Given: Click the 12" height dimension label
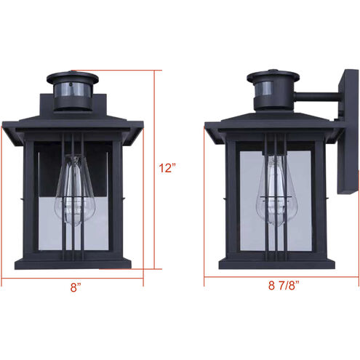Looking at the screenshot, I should [x=168, y=168].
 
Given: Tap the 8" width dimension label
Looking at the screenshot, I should [x=76, y=287].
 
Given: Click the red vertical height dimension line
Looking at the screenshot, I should [x=154, y=175].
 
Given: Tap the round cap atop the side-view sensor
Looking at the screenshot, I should [x=273, y=76].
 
